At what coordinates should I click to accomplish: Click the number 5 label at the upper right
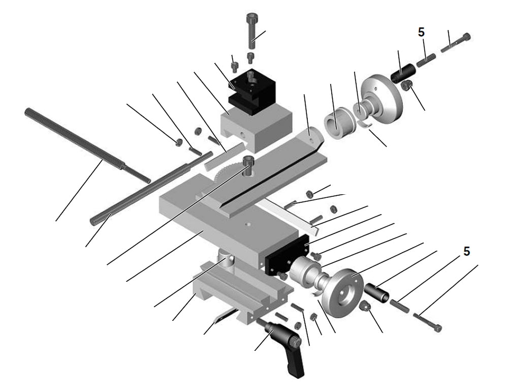coord(421,32)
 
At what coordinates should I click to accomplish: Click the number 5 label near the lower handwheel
coord(466,251)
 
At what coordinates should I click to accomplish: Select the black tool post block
coord(251,89)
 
